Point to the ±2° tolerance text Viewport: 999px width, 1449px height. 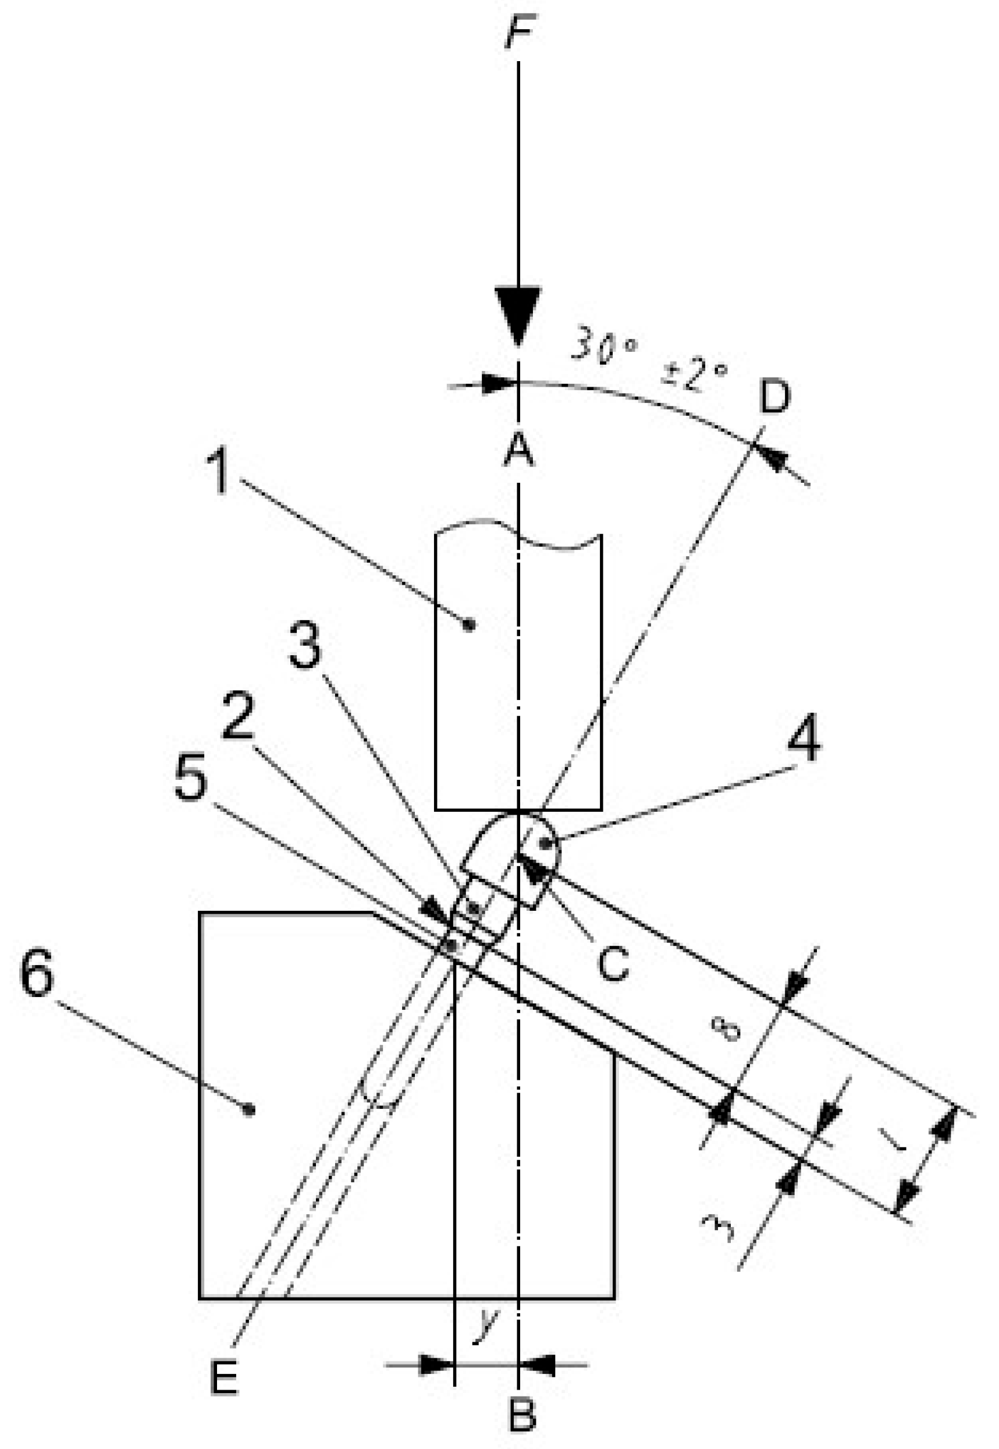click(x=695, y=375)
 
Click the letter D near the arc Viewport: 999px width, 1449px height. click(x=775, y=397)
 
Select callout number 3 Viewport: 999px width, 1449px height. click(x=305, y=646)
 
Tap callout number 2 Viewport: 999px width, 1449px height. click(x=239, y=715)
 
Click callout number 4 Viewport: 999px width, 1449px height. click(x=804, y=740)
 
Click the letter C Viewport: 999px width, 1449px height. click(x=613, y=963)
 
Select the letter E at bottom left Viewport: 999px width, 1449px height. click(x=224, y=1377)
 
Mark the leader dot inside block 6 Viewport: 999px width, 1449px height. click(x=249, y=1110)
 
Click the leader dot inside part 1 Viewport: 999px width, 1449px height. click(x=470, y=624)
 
